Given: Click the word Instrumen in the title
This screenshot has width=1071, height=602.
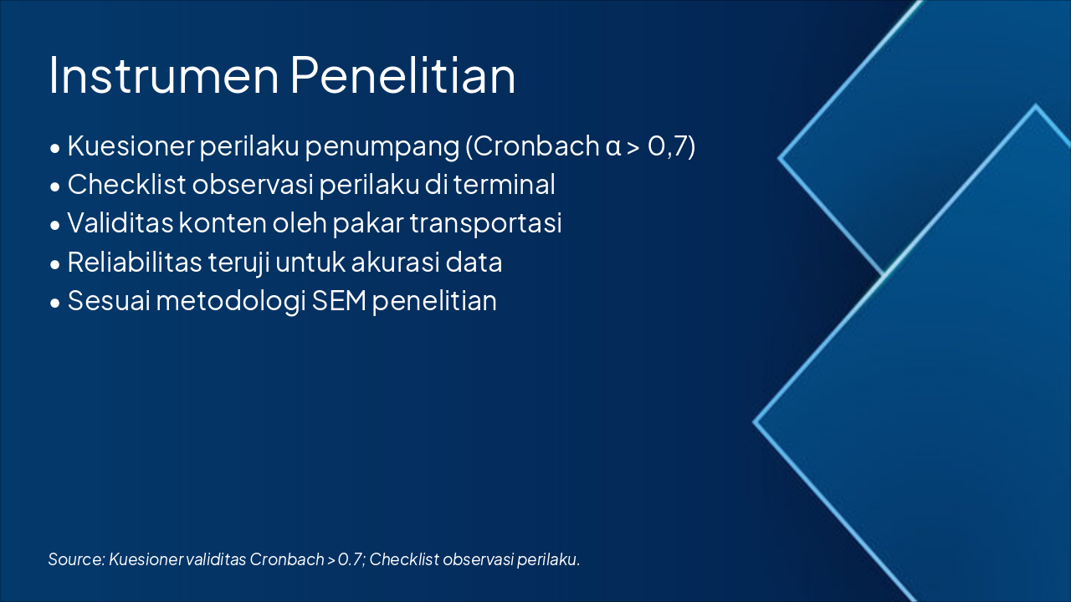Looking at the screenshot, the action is tap(163, 75).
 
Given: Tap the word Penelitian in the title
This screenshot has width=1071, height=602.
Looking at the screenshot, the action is tap(403, 75).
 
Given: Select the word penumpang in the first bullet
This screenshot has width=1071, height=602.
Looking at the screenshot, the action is tap(382, 147).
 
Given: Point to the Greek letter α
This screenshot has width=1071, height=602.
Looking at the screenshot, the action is tap(613, 147).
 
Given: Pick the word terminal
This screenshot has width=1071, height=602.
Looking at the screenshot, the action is tap(505, 185).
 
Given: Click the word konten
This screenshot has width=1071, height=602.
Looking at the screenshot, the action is tap(223, 223).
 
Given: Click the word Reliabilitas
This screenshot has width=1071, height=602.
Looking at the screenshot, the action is tap(135, 262).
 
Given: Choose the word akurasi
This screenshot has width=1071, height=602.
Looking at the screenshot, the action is tap(395, 262).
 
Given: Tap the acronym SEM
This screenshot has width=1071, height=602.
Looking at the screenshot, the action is tap(339, 300).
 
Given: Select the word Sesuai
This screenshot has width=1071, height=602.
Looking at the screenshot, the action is tap(109, 300).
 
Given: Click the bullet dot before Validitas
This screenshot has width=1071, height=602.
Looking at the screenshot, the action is tap(55, 225).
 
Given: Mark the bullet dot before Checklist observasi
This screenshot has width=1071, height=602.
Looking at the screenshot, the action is tap(55, 186).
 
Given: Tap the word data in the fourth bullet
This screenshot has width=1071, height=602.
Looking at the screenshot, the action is tap(474, 262).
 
